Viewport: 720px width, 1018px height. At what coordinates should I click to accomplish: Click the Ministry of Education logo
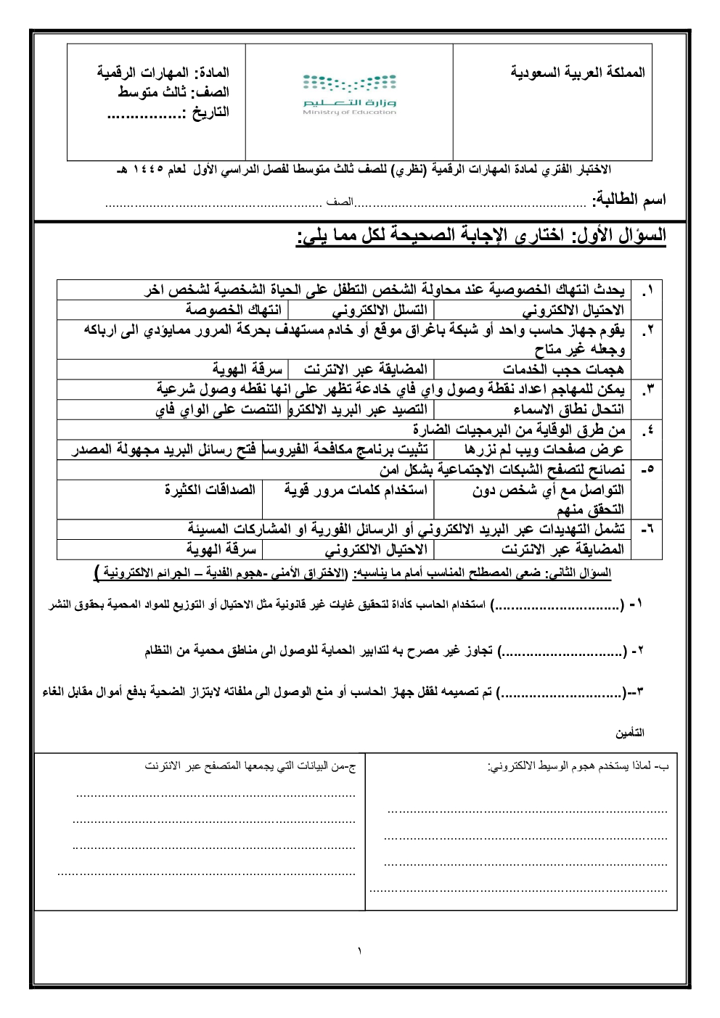click(349, 94)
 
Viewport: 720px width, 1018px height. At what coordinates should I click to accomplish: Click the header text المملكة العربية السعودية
click(577, 72)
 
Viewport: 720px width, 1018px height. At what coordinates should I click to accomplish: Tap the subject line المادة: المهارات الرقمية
click(163, 73)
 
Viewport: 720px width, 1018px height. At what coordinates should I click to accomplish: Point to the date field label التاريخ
click(205, 112)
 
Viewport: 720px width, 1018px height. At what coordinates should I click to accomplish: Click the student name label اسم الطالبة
click(629, 200)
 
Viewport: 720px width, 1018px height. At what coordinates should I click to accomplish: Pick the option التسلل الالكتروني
click(380, 310)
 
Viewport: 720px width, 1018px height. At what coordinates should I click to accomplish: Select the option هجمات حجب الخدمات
click(563, 369)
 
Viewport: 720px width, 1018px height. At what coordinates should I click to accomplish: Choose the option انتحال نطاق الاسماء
click(568, 409)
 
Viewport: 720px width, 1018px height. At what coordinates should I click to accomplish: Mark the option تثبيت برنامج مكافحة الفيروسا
click(345, 449)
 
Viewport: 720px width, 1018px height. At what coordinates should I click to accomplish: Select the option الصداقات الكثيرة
click(210, 490)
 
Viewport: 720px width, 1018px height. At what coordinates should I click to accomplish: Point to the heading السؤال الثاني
click(589, 573)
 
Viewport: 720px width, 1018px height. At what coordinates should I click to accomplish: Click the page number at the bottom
click(359, 951)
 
